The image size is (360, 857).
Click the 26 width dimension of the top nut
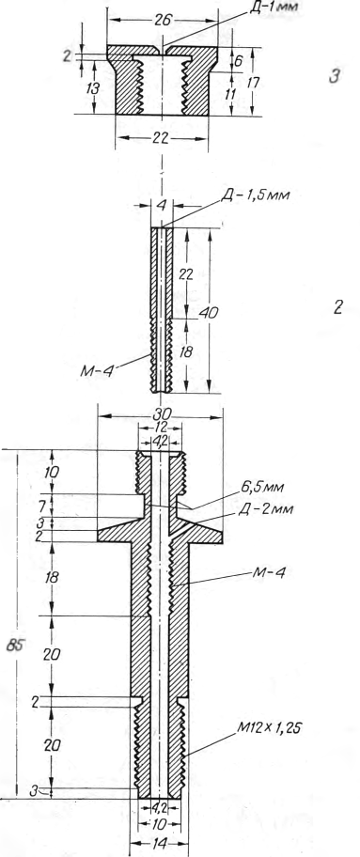point(163,21)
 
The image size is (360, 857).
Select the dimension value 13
point(94,88)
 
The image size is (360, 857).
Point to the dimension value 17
point(253,82)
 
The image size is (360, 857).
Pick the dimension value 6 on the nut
point(239,61)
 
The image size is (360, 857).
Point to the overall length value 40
point(210,312)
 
